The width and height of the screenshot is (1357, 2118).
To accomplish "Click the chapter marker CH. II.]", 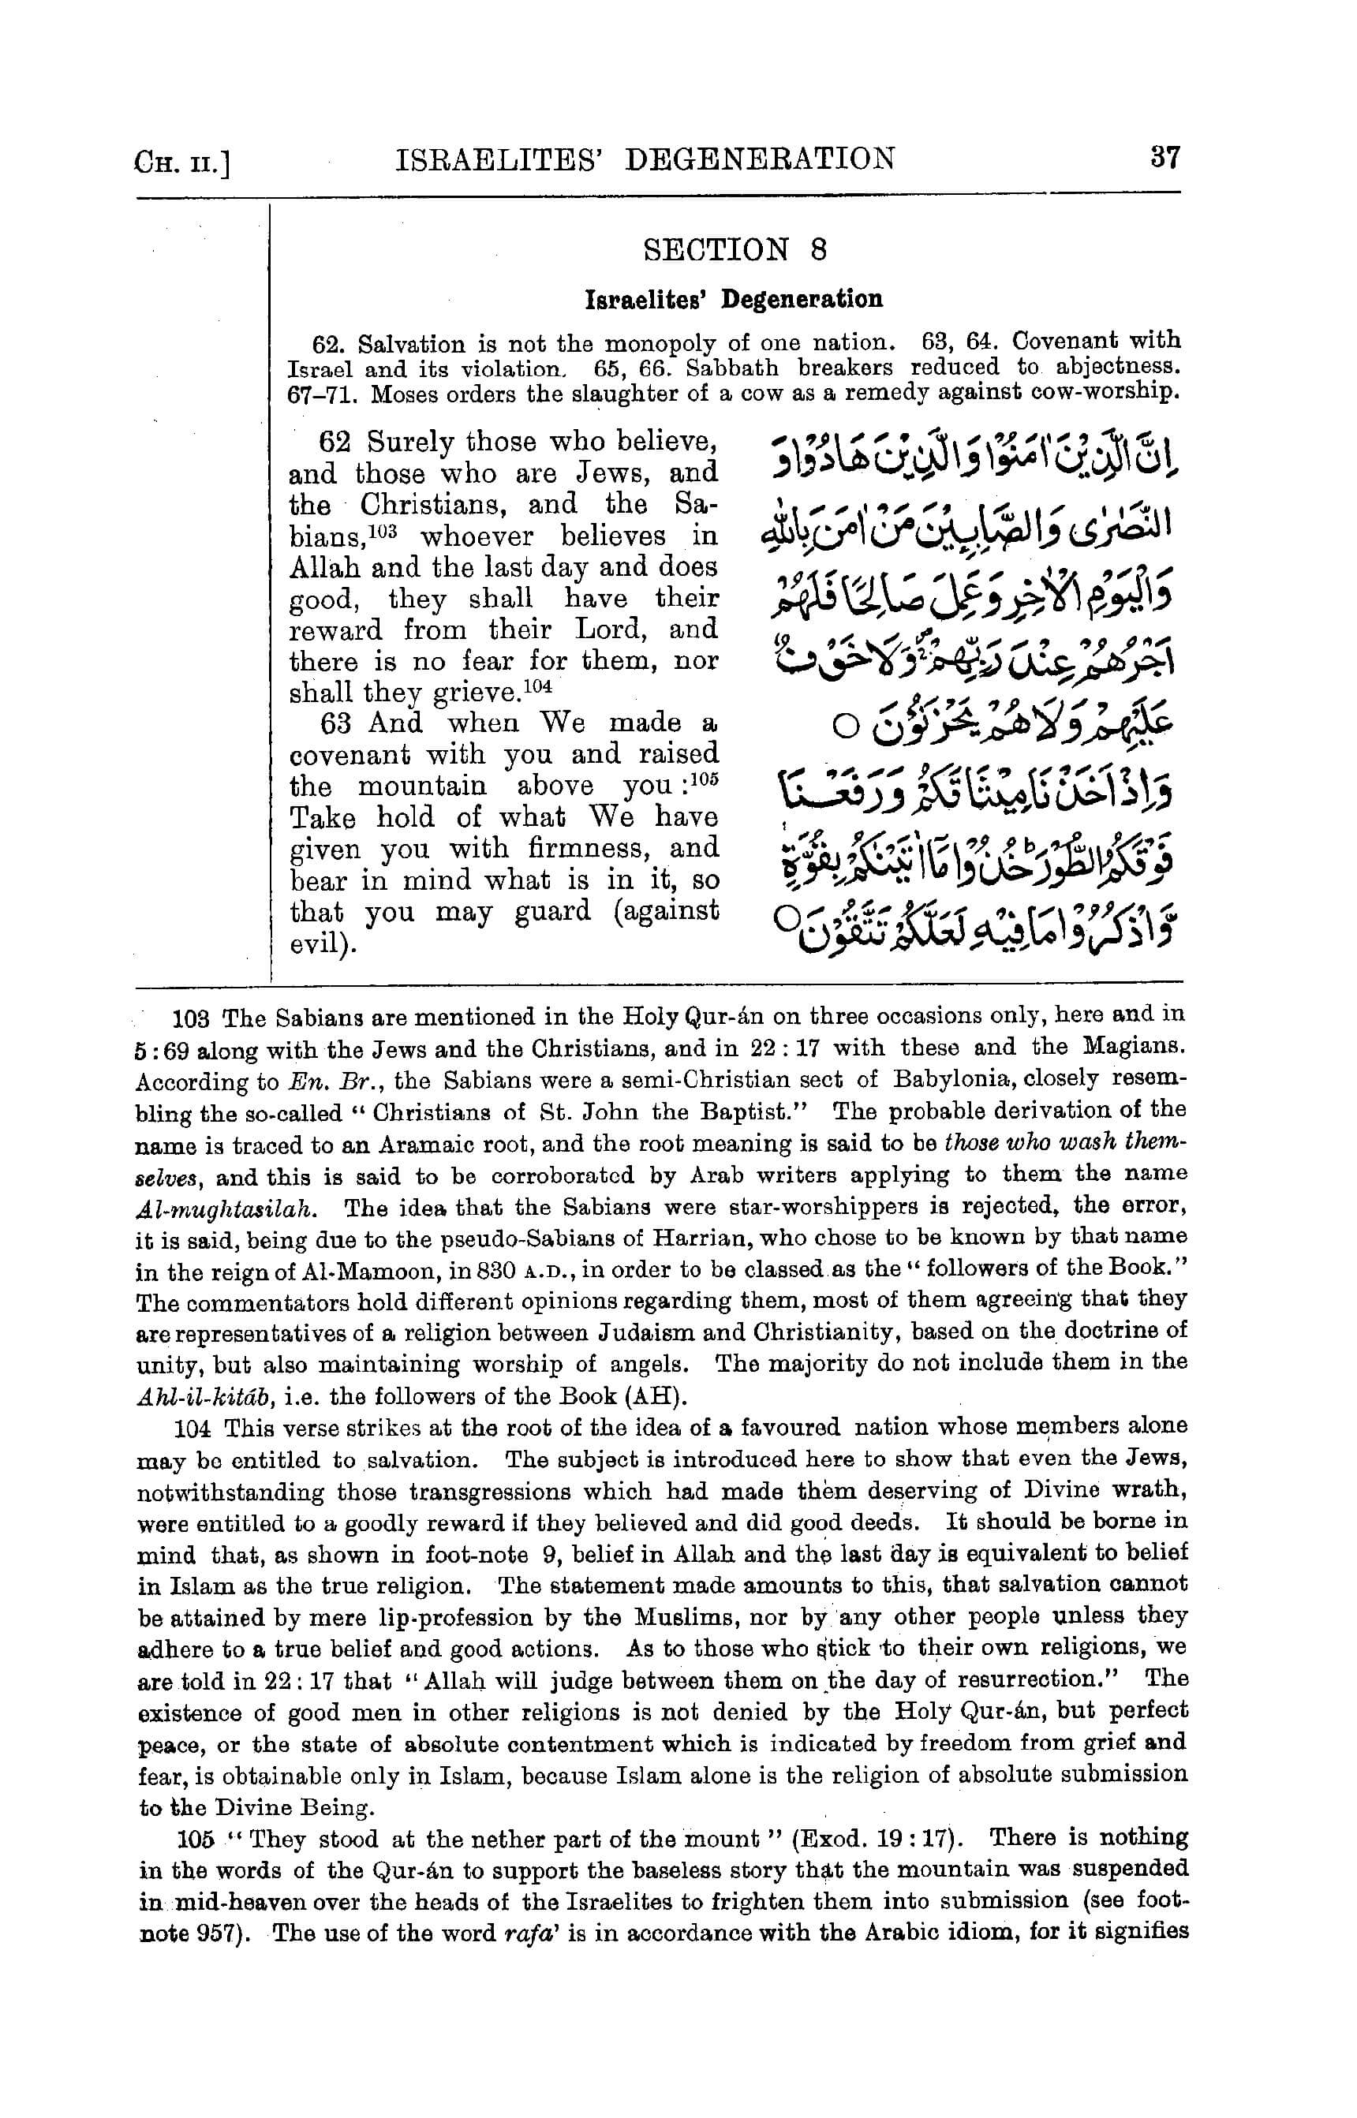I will [x=182, y=163].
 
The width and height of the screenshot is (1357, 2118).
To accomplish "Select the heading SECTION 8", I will [x=735, y=250].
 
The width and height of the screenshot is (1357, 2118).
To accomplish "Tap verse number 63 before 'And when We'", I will [x=336, y=723].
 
